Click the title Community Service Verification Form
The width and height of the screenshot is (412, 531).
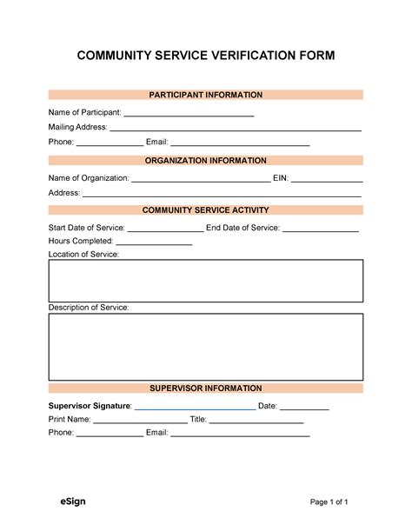(x=206, y=56)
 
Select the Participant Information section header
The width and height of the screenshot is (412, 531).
(x=206, y=95)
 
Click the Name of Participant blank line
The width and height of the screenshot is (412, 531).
(x=189, y=113)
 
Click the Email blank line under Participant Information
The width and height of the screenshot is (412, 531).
(x=240, y=143)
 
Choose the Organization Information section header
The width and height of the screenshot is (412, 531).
(x=206, y=161)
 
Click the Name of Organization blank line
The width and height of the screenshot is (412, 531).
(x=201, y=179)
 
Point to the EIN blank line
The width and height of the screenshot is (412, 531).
(x=327, y=179)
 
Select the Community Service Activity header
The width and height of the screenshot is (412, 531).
(x=206, y=210)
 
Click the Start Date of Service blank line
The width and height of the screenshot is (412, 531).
(x=165, y=229)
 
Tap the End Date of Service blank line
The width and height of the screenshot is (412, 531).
(x=321, y=229)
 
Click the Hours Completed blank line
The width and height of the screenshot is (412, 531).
(x=154, y=242)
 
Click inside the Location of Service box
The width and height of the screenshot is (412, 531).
(x=206, y=281)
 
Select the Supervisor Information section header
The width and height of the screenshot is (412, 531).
(x=206, y=388)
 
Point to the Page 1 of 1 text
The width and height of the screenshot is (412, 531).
(x=329, y=502)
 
